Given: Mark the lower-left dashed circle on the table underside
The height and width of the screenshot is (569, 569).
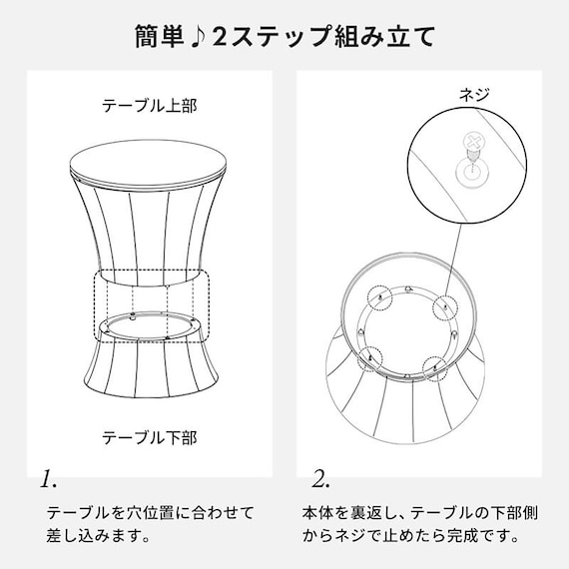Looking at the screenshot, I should (x=371, y=353).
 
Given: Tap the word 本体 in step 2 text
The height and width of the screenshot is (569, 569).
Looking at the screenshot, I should (x=318, y=512).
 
